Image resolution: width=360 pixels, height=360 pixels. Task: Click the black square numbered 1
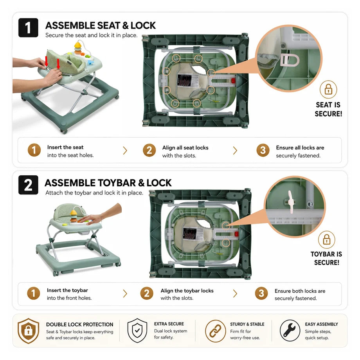point(28,27)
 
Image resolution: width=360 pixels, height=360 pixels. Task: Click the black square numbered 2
point(28,185)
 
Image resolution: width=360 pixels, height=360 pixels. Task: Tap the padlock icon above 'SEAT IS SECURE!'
point(328,89)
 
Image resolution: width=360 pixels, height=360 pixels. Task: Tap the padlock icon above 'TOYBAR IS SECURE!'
point(326,240)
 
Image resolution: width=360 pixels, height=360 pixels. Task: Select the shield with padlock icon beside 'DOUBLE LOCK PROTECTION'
point(29,331)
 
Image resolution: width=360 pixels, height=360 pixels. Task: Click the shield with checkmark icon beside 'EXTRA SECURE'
point(137,330)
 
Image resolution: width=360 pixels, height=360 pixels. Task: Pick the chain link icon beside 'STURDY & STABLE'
point(215,331)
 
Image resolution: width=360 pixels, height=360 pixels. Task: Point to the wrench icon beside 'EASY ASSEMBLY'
point(290,331)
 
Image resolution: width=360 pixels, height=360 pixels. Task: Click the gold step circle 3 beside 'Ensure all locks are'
point(263,150)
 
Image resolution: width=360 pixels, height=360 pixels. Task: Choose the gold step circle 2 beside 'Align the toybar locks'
point(147,293)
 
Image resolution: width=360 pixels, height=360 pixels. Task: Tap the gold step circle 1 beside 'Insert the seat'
point(34,150)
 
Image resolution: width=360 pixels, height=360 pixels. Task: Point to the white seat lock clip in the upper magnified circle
point(290,60)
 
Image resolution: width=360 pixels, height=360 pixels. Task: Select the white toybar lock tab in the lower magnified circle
point(291,202)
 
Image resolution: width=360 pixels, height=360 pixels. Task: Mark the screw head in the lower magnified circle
point(310,203)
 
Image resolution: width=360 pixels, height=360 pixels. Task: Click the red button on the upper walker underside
point(233,81)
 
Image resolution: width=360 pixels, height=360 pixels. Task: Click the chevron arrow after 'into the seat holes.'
point(125,151)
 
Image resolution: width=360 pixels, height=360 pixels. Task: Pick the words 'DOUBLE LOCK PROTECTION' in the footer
point(80,324)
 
